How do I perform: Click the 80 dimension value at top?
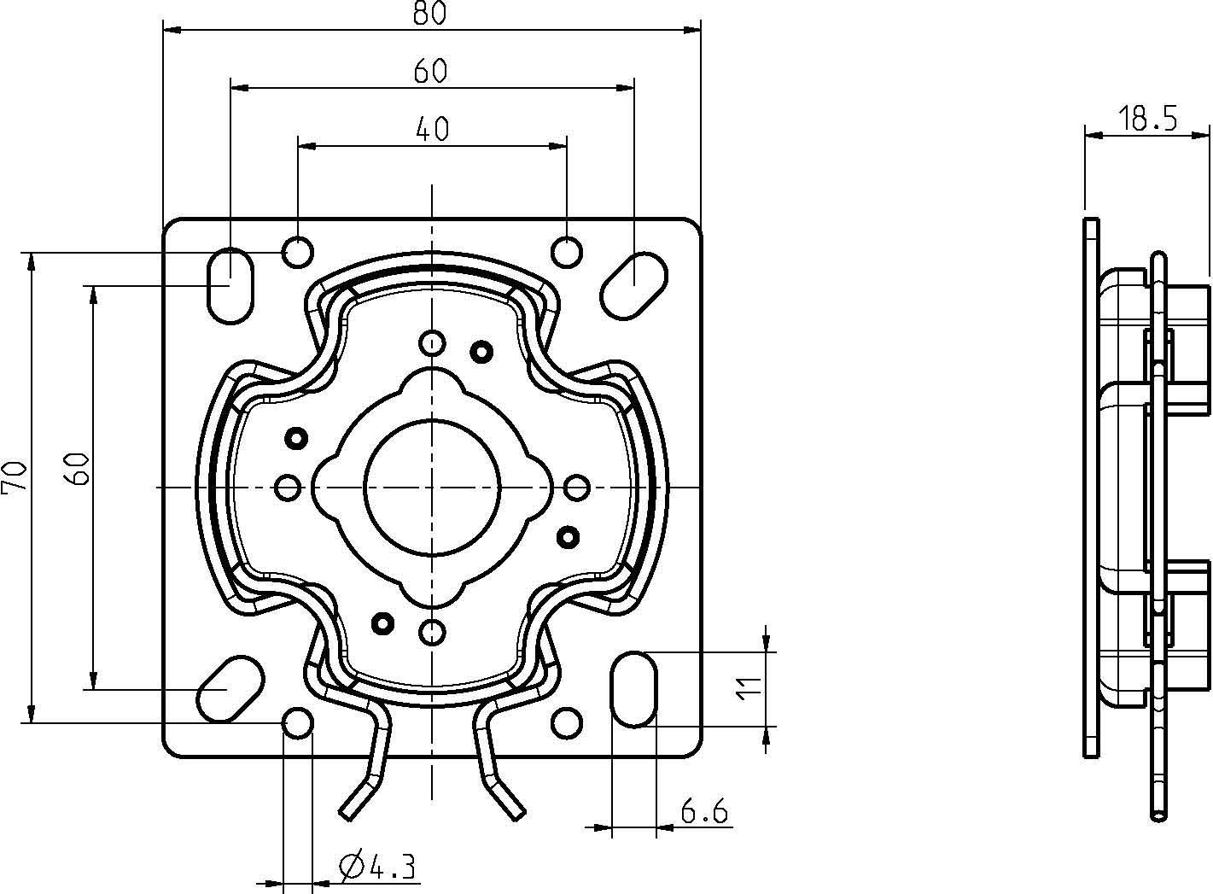[x=431, y=15]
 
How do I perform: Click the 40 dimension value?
[x=432, y=128]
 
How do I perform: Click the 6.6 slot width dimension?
[x=705, y=811]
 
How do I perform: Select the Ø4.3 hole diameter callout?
[x=377, y=868]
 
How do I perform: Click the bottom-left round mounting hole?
[x=298, y=723]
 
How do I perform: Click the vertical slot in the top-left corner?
[x=230, y=285]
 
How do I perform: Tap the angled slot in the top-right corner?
[x=633, y=285]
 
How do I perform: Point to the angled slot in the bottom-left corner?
[x=230, y=688]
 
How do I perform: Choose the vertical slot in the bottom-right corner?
[x=634, y=689]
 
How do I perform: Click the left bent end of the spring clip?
[x=359, y=798]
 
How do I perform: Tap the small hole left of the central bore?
[x=289, y=488]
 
